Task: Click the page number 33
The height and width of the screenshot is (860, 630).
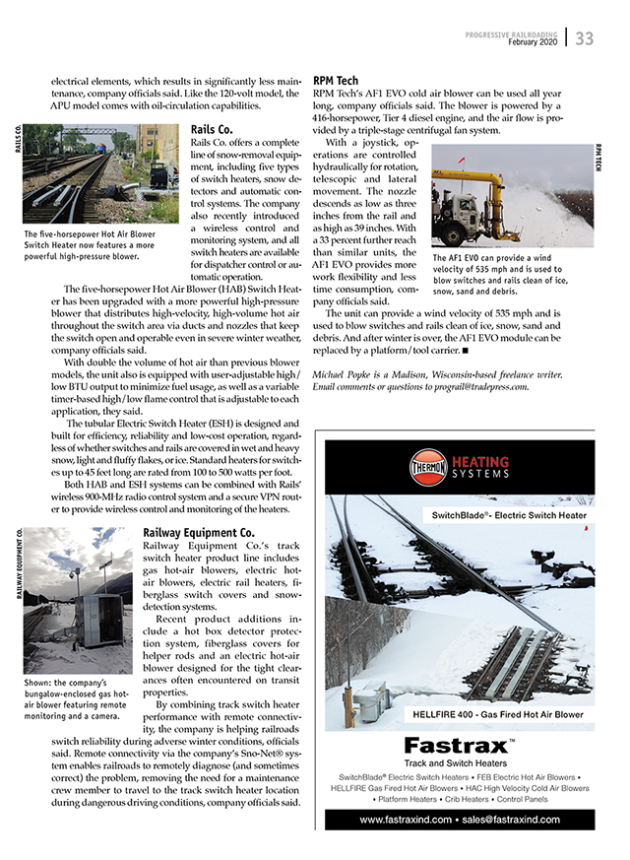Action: [x=585, y=38]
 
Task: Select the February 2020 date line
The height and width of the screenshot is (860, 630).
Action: [x=534, y=42]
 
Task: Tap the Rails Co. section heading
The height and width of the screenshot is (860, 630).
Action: [x=211, y=129]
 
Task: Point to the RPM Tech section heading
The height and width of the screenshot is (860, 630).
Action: [x=336, y=81]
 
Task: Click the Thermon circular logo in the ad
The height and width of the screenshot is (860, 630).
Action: [x=428, y=463]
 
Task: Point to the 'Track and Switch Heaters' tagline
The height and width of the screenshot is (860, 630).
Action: [x=455, y=762]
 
